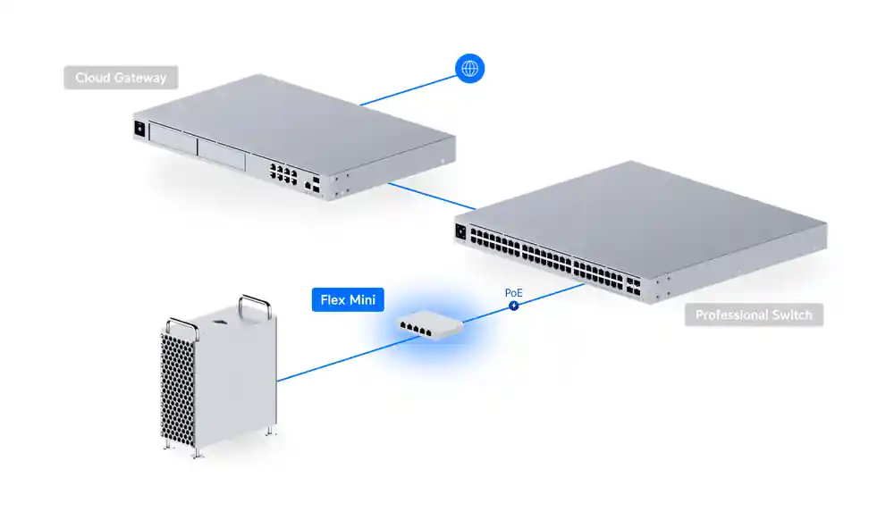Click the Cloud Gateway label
[x=121, y=78]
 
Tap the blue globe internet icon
[x=469, y=68]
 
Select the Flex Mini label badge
[x=347, y=299]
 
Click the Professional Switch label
[x=754, y=315]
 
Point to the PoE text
[x=514, y=292]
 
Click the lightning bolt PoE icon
[x=514, y=306]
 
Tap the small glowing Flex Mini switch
[x=432, y=323]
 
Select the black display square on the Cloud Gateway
[x=140, y=128]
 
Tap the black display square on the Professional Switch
[x=461, y=232]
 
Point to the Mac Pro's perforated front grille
[x=176, y=384]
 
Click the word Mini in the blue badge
[x=364, y=299]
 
